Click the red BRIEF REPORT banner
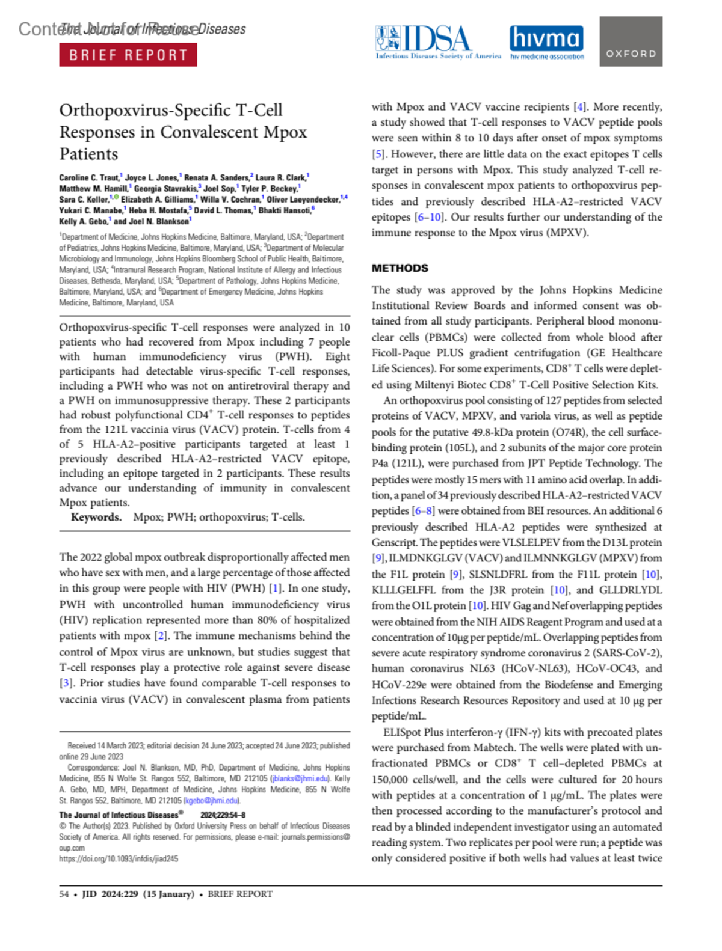coord(128,55)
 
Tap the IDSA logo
coord(437,41)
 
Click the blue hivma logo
coord(546,41)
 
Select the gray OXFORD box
coord(631,41)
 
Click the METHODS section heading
coord(400,268)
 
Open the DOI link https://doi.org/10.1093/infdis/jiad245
coord(119,859)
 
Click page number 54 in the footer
coord(64,894)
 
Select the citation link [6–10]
coord(430,217)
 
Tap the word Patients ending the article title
coord(88,154)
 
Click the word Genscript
coord(395,542)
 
